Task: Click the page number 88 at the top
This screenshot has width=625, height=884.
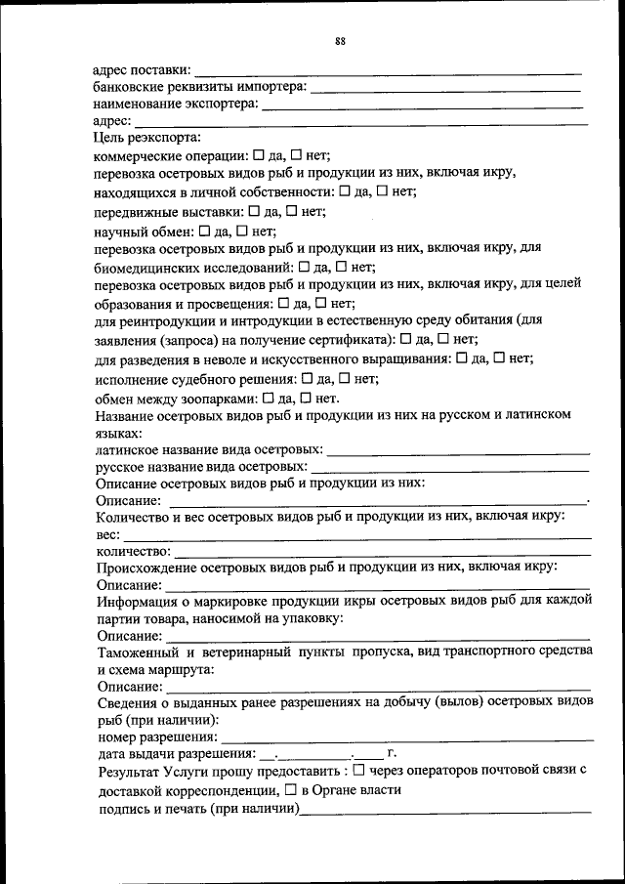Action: point(340,41)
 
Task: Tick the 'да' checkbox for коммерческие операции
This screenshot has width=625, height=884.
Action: point(259,155)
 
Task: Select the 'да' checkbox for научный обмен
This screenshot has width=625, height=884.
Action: point(204,231)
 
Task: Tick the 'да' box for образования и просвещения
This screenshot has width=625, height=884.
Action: point(284,304)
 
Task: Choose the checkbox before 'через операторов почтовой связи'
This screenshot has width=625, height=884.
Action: point(359,770)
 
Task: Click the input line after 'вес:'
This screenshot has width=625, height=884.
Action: point(356,536)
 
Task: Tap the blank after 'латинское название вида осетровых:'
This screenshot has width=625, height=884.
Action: point(459,452)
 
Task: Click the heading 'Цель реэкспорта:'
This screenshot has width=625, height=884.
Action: point(147,138)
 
